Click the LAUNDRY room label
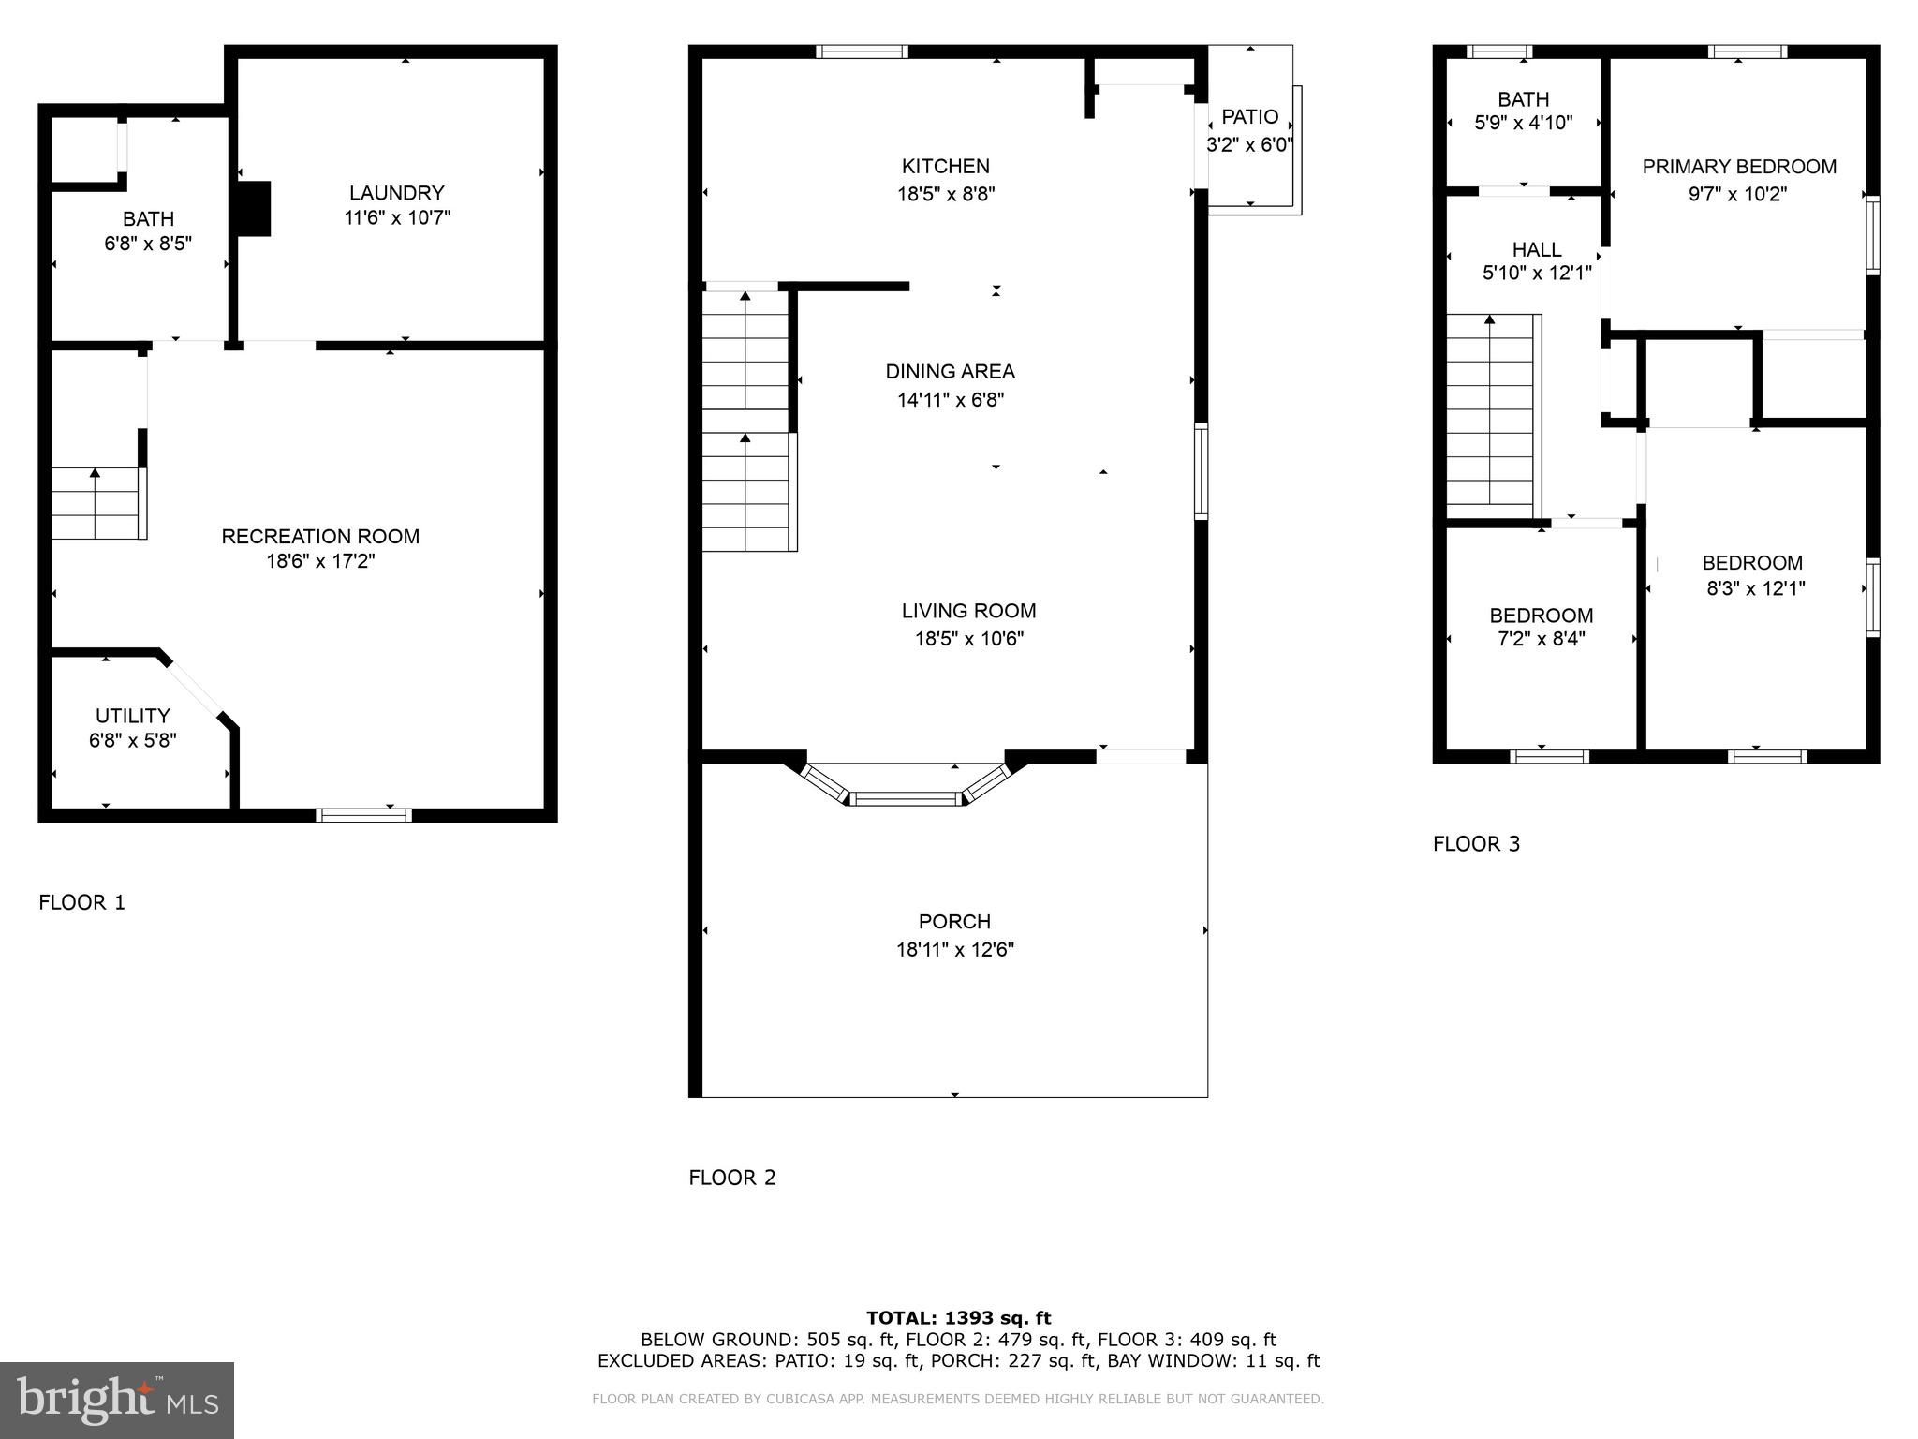point(396,193)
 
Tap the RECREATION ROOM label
point(320,536)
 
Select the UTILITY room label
point(132,716)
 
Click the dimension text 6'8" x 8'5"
point(148,244)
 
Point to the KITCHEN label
point(945,167)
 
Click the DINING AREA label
point(950,372)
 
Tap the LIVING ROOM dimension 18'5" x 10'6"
point(968,639)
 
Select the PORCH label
point(954,922)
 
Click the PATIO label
point(1249,117)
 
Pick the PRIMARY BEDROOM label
point(1738,167)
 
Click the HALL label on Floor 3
point(1536,249)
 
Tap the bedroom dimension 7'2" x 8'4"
point(1541,639)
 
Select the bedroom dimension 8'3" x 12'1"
point(1755,588)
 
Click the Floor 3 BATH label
point(1523,99)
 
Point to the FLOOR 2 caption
point(732,1178)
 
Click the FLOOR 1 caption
point(81,902)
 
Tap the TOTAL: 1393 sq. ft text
point(958,1318)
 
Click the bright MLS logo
point(116,1400)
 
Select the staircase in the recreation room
point(96,503)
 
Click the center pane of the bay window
point(906,798)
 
